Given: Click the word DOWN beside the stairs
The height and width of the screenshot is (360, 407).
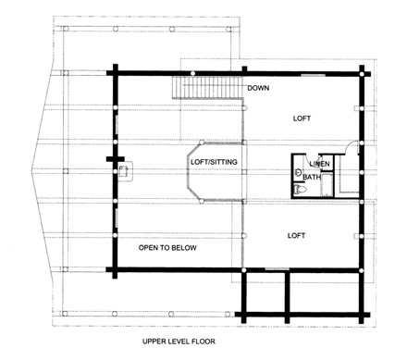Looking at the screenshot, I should [258, 88].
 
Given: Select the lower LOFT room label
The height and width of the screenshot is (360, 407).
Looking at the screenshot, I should [297, 236].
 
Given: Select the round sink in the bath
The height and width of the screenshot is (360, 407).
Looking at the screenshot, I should [298, 172].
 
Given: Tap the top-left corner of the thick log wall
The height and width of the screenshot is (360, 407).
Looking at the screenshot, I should [115, 71].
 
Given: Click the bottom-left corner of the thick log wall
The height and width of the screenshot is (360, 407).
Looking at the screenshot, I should [115, 269].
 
